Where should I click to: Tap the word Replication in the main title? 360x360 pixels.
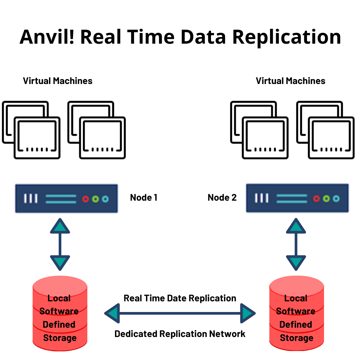pos(287,37)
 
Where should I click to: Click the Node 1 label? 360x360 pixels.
pos(144,198)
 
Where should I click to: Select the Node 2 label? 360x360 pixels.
pos(222,198)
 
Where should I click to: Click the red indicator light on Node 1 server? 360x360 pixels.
pos(86,199)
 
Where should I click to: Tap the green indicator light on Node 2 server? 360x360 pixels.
pos(326,199)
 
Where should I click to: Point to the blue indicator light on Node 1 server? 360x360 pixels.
pos(105,199)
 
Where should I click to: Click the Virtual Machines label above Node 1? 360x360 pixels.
pos(58,81)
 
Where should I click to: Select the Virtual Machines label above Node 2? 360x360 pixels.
pos(290,81)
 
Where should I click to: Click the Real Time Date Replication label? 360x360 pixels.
pos(180,298)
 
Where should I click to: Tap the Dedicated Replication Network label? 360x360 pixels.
pos(180,334)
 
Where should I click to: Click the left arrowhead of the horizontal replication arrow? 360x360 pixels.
pos(112,313)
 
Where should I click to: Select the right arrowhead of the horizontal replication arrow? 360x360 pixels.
pos(247,313)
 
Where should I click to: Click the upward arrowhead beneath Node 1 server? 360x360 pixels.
pos(60,226)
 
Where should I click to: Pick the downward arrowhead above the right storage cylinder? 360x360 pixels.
pos(296,262)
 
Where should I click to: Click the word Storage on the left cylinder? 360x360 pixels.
pos(60,338)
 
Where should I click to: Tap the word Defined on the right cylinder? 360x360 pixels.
pos(296,324)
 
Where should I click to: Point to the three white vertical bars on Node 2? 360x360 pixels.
pos(262,199)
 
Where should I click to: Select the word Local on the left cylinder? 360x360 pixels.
pos(59,298)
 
